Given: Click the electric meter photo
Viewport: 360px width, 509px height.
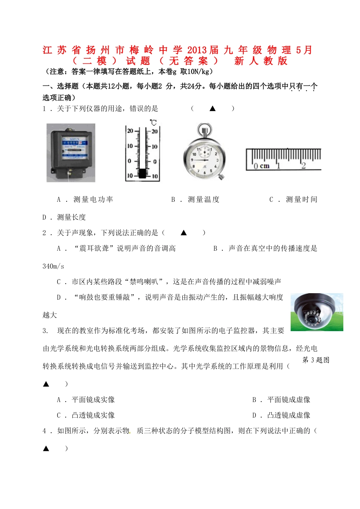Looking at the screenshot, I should [71, 152].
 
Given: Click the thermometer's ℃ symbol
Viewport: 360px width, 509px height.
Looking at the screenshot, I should [153, 123].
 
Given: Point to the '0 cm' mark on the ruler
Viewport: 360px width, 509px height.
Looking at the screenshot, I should [261, 166].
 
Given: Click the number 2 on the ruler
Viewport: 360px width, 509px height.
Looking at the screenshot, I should [303, 165].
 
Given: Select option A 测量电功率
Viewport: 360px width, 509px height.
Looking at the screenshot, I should [85, 200].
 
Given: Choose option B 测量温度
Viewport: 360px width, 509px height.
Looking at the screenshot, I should [196, 200].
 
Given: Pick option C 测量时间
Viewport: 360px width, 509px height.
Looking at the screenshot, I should [294, 200].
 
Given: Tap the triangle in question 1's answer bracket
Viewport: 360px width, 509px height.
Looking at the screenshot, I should [213, 108].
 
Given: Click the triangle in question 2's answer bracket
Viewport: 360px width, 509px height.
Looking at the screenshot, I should [184, 233].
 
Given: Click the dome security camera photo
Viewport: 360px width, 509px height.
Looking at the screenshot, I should [317, 312].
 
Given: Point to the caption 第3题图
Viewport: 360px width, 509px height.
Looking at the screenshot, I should [316, 360].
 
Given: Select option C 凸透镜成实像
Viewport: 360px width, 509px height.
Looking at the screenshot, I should [86, 415].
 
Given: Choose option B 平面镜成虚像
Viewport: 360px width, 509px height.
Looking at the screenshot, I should [282, 400].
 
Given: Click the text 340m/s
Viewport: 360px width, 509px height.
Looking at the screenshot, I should [53, 266].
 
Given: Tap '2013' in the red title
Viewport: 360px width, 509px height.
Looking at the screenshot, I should [197, 50].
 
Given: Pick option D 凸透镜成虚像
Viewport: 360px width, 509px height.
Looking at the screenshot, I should [282, 415].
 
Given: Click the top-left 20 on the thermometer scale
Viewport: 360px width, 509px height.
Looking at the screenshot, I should [130, 131].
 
